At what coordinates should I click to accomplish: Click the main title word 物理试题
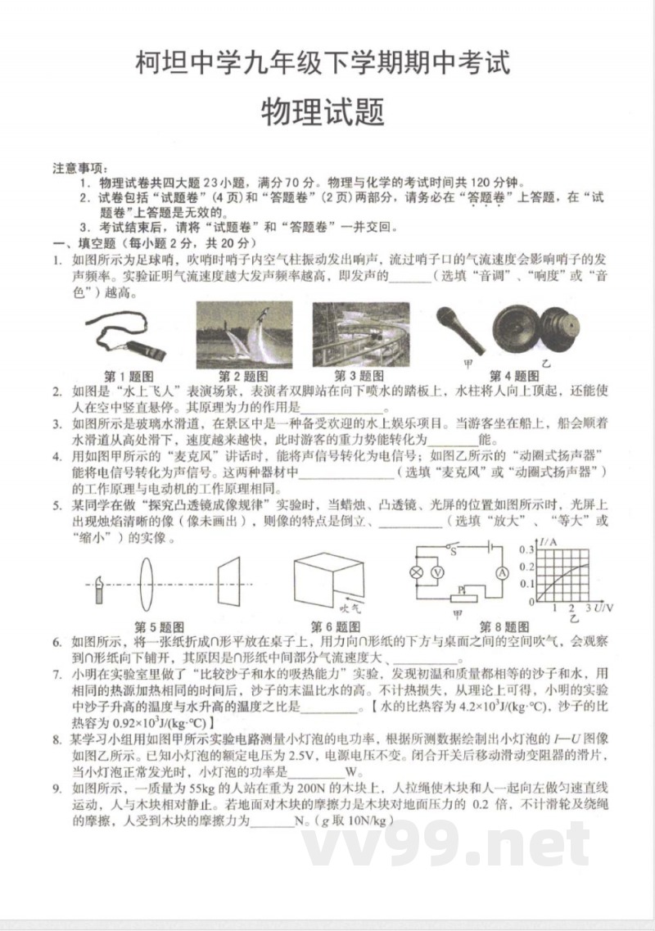323,112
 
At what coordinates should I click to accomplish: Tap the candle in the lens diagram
98,587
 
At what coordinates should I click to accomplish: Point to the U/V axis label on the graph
603,608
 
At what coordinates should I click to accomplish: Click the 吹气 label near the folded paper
350,608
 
